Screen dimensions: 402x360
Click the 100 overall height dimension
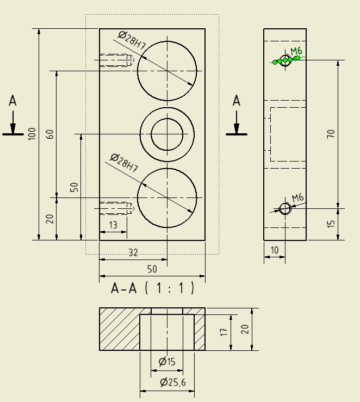32,133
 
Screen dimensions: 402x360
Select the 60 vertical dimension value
50,134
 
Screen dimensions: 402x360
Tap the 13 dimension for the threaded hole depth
113,225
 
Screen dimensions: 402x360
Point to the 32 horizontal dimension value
133,252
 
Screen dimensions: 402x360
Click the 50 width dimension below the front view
152,269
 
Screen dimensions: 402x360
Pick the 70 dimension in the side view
331,134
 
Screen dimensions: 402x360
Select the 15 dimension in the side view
331,223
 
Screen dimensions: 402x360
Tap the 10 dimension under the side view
275,250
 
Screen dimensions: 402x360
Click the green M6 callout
296,52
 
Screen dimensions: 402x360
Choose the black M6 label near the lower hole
297,198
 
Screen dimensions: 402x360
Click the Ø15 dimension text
167,362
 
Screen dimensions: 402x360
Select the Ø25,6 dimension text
173,382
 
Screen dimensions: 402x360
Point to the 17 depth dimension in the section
223,332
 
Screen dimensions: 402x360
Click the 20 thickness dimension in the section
245,329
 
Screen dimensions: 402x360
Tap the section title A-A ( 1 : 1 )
152,288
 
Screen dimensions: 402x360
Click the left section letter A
13,101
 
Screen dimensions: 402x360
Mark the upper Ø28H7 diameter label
131,41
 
